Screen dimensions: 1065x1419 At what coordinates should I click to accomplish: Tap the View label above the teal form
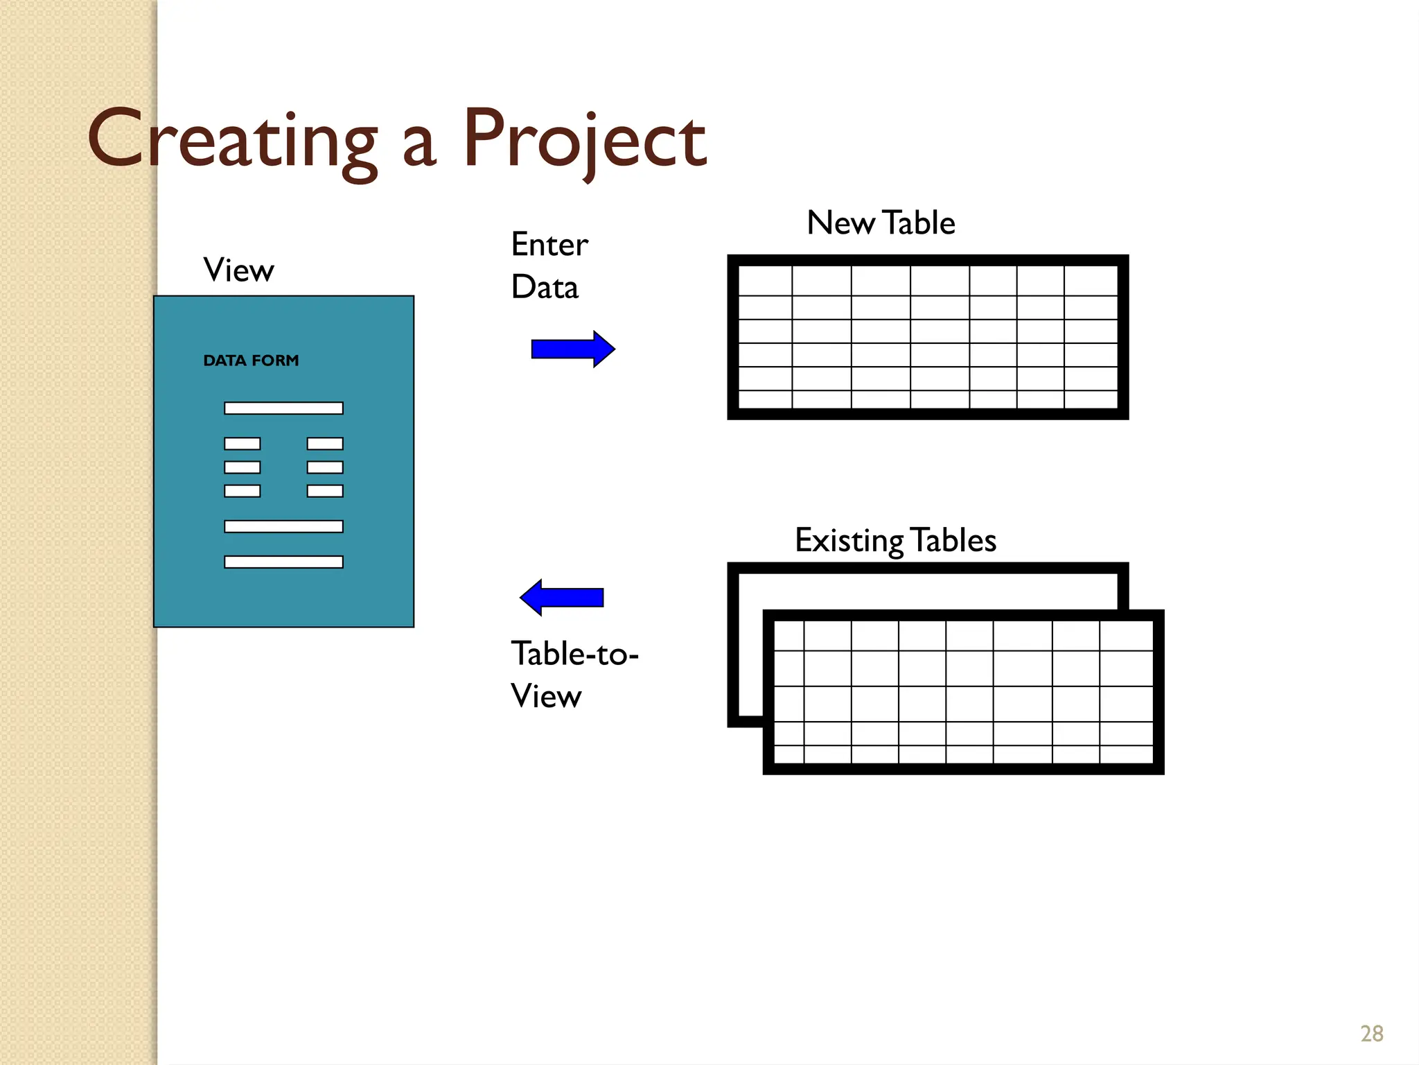coord(238,270)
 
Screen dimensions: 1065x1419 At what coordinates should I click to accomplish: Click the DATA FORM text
coord(251,361)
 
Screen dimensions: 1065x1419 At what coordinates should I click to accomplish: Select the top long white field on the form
coord(283,408)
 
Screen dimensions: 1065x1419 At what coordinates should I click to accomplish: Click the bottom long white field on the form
coord(283,562)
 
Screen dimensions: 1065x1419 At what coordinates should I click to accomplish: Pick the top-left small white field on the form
coord(242,444)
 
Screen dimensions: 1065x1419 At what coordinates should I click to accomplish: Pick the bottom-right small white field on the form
coord(325,491)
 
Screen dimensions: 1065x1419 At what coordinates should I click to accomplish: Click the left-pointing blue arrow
coord(562,597)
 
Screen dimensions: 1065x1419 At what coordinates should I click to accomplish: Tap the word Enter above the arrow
coord(549,244)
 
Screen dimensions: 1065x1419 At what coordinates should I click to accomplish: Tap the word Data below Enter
coord(545,287)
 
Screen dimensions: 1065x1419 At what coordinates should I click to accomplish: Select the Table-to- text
coord(574,653)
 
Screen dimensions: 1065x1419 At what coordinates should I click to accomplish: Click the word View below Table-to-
coord(546,696)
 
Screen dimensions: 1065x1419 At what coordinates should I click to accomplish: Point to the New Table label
coord(881,223)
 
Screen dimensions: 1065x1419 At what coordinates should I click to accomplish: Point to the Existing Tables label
coord(895,540)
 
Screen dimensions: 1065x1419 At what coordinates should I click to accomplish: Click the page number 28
coord(1372,1034)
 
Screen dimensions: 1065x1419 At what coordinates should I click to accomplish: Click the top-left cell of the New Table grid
coord(765,281)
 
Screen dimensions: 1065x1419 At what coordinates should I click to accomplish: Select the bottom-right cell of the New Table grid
coord(1091,399)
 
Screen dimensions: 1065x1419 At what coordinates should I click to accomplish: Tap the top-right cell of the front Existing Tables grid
coord(1126,636)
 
